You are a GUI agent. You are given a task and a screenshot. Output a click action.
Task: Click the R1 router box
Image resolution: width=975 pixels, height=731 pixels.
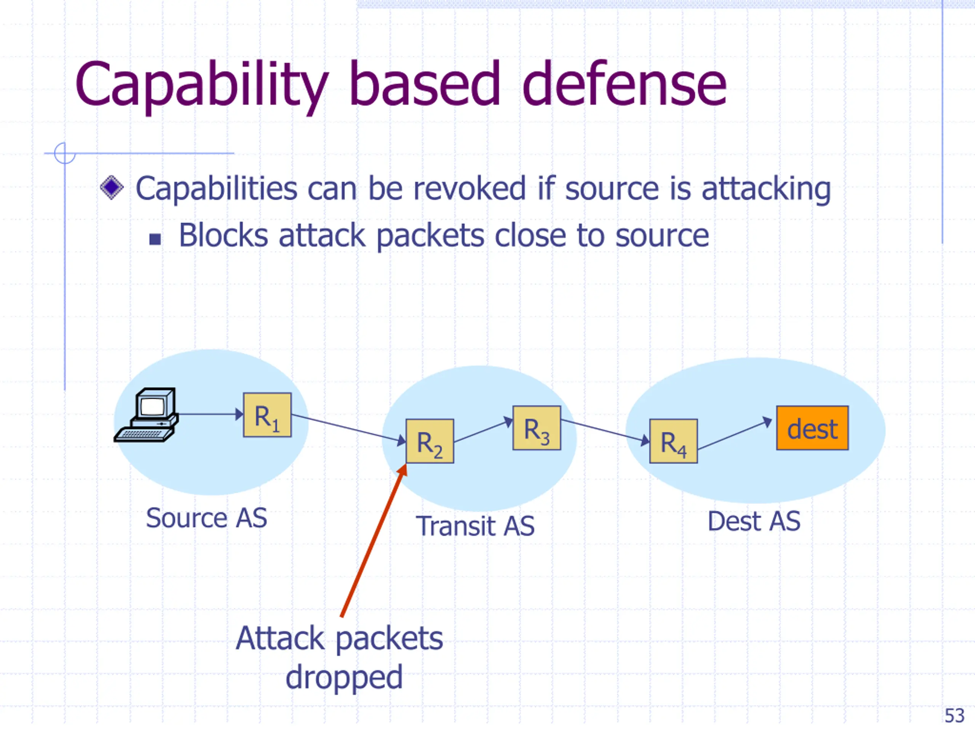[267, 415]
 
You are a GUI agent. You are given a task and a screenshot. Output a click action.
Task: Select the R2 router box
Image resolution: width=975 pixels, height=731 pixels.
[430, 441]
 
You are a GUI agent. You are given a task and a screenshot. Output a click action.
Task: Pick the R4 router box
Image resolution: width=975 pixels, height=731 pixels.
[673, 441]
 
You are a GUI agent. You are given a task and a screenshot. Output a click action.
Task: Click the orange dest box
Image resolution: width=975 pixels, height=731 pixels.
[812, 428]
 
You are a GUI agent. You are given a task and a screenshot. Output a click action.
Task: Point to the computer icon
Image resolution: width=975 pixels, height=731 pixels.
[146, 415]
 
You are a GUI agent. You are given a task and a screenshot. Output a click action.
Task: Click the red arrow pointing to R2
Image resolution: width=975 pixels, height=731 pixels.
[374, 540]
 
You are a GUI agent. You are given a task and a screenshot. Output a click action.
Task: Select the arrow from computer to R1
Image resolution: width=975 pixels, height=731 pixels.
[211, 414]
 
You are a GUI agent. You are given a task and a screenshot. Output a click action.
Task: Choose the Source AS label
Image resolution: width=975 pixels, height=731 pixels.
[207, 518]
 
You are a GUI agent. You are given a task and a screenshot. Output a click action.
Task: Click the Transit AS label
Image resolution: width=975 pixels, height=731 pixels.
[475, 526]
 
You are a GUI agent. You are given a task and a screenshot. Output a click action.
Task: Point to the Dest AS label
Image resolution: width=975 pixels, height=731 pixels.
[754, 521]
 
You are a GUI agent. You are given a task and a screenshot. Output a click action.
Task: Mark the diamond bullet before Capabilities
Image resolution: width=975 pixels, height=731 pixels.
[112, 188]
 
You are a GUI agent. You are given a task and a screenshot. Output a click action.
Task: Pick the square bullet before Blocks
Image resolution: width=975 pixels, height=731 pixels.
[155, 239]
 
